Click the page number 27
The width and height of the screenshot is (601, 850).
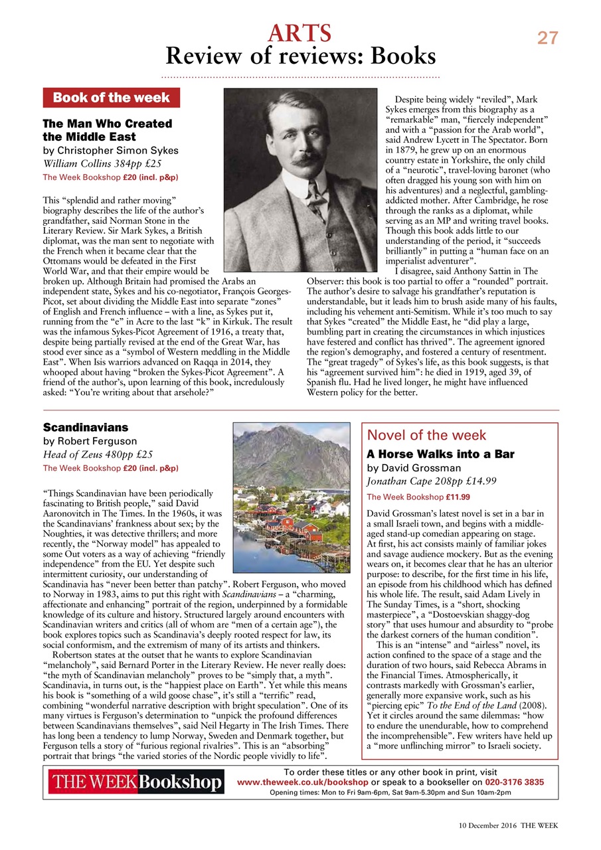[548, 39]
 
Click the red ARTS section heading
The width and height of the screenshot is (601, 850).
[300, 32]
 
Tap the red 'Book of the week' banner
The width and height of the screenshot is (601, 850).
[112, 98]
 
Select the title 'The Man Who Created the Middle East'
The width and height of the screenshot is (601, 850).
[107, 130]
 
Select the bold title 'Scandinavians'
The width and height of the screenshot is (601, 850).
[86, 427]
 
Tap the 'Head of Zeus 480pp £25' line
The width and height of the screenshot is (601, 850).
[98, 455]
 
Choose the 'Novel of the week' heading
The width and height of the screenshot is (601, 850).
[426, 436]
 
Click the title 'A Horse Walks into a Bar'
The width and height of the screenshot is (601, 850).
[440, 454]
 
